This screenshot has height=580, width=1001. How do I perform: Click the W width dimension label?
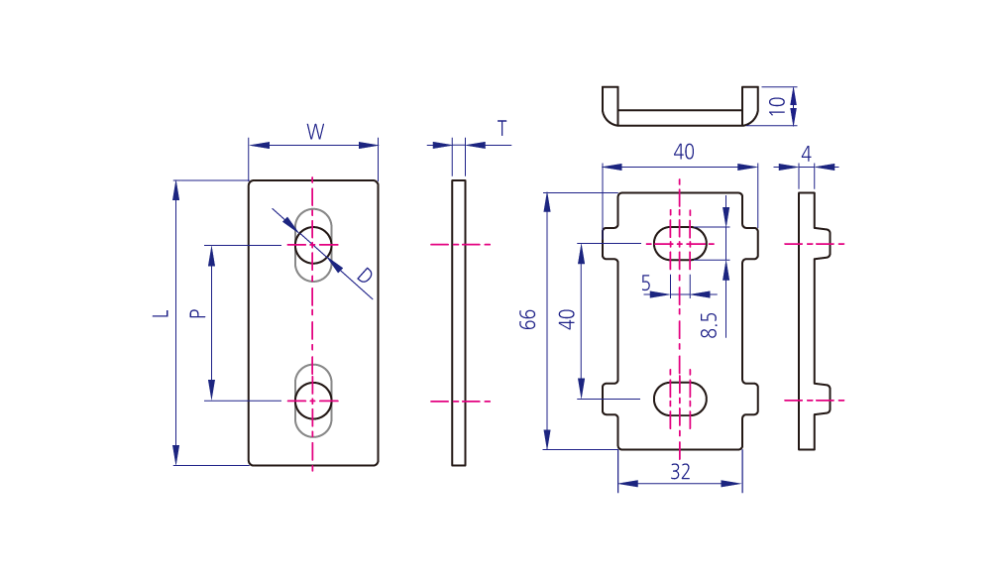(x=315, y=131)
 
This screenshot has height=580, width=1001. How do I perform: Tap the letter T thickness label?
(x=502, y=128)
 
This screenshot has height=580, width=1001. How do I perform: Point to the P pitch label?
(x=196, y=313)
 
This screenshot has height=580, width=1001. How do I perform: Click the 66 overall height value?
(x=528, y=318)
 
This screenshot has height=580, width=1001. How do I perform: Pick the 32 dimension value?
(x=680, y=472)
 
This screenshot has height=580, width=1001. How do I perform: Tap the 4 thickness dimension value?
(x=806, y=154)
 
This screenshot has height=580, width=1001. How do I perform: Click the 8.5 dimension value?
(x=709, y=325)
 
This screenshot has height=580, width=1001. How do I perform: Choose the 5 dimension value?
(x=646, y=284)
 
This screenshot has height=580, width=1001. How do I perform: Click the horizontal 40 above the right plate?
(x=684, y=152)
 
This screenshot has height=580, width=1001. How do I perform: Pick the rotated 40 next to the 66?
(x=567, y=318)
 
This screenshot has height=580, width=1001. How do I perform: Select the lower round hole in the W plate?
(x=313, y=401)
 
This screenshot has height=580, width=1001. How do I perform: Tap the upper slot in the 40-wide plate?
(x=680, y=242)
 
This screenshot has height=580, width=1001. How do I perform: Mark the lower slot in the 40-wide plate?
(x=680, y=399)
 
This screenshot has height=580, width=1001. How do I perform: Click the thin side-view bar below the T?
(x=458, y=322)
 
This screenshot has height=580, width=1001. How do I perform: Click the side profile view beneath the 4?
(x=807, y=322)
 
